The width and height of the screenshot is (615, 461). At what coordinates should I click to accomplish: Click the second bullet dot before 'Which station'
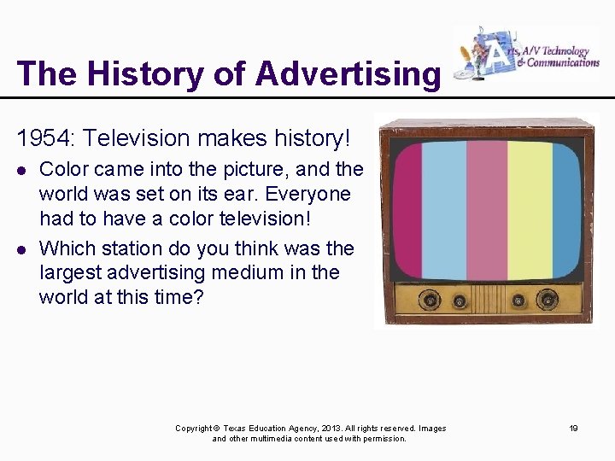22,249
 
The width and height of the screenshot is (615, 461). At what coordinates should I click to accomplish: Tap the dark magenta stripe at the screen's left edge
406,210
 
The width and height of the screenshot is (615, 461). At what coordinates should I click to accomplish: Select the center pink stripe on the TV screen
486,210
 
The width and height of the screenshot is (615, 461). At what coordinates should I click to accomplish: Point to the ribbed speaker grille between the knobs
488,301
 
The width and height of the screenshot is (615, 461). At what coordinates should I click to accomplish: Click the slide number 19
574,429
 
